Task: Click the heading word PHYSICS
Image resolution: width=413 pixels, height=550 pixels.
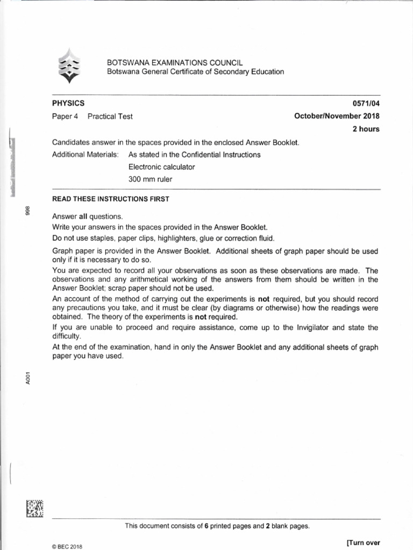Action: pyautogui.click(x=68, y=103)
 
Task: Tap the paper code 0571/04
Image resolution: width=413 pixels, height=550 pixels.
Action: pyautogui.click(x=366, y=103)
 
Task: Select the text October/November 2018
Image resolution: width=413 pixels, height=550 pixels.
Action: pyautogui.click(x=337, y=116)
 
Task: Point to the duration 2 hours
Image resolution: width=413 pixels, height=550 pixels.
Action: pyautogui.click(x=366, y=129)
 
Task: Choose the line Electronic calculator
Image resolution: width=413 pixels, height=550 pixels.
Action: pyautogui.click(x=161, y=167)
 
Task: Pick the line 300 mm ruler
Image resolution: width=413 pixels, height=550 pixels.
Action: pyautogui.click(x=151, y=179)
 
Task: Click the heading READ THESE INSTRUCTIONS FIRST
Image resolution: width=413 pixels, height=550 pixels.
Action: pyautogui.click(x=110, y=199)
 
